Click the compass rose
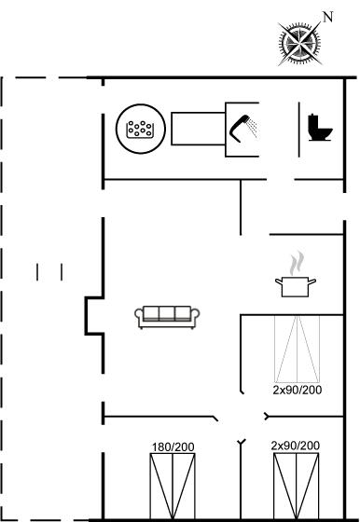tap(299, 43)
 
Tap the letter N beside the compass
tap(328, 17)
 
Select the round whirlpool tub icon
tap(141, 130)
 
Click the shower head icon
tap(242, 128)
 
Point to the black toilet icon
tap(320, 128)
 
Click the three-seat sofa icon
tap(167, 317)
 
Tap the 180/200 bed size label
tap(173, 447)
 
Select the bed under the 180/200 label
tap(173, 486)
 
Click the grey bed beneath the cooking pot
tap(298, 349)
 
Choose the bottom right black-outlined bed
tap(296, 486)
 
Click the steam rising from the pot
tap(298, 263)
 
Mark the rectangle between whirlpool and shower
tap(199, 129)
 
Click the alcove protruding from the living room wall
tap(94, 315)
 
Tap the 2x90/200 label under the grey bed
tap(298, 390)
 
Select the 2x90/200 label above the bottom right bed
tap(296, 446)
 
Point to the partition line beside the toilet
tap(299, 130)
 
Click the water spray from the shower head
tap(253, 128)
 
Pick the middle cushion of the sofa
tap(167, 314)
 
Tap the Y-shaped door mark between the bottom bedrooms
tap(242, 442)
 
